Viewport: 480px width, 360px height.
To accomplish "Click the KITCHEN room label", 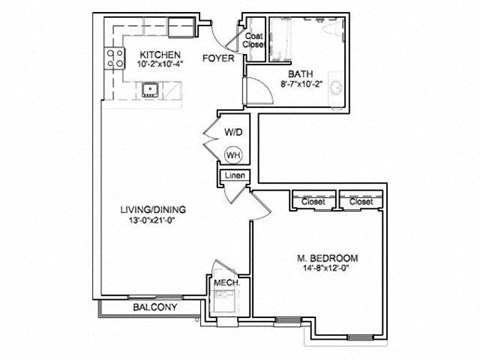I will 159,54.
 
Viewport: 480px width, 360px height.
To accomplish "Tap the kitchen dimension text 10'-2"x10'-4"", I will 159,65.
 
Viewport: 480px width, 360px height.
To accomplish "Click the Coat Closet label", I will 254,41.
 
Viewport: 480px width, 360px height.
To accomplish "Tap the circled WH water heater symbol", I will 233,155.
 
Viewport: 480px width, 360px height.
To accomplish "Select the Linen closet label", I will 234,177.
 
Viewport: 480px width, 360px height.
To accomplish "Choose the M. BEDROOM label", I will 329,257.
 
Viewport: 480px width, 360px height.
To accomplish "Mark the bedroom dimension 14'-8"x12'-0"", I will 329,268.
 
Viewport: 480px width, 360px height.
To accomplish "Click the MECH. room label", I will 225,283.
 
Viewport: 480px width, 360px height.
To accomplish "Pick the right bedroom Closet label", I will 360,201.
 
